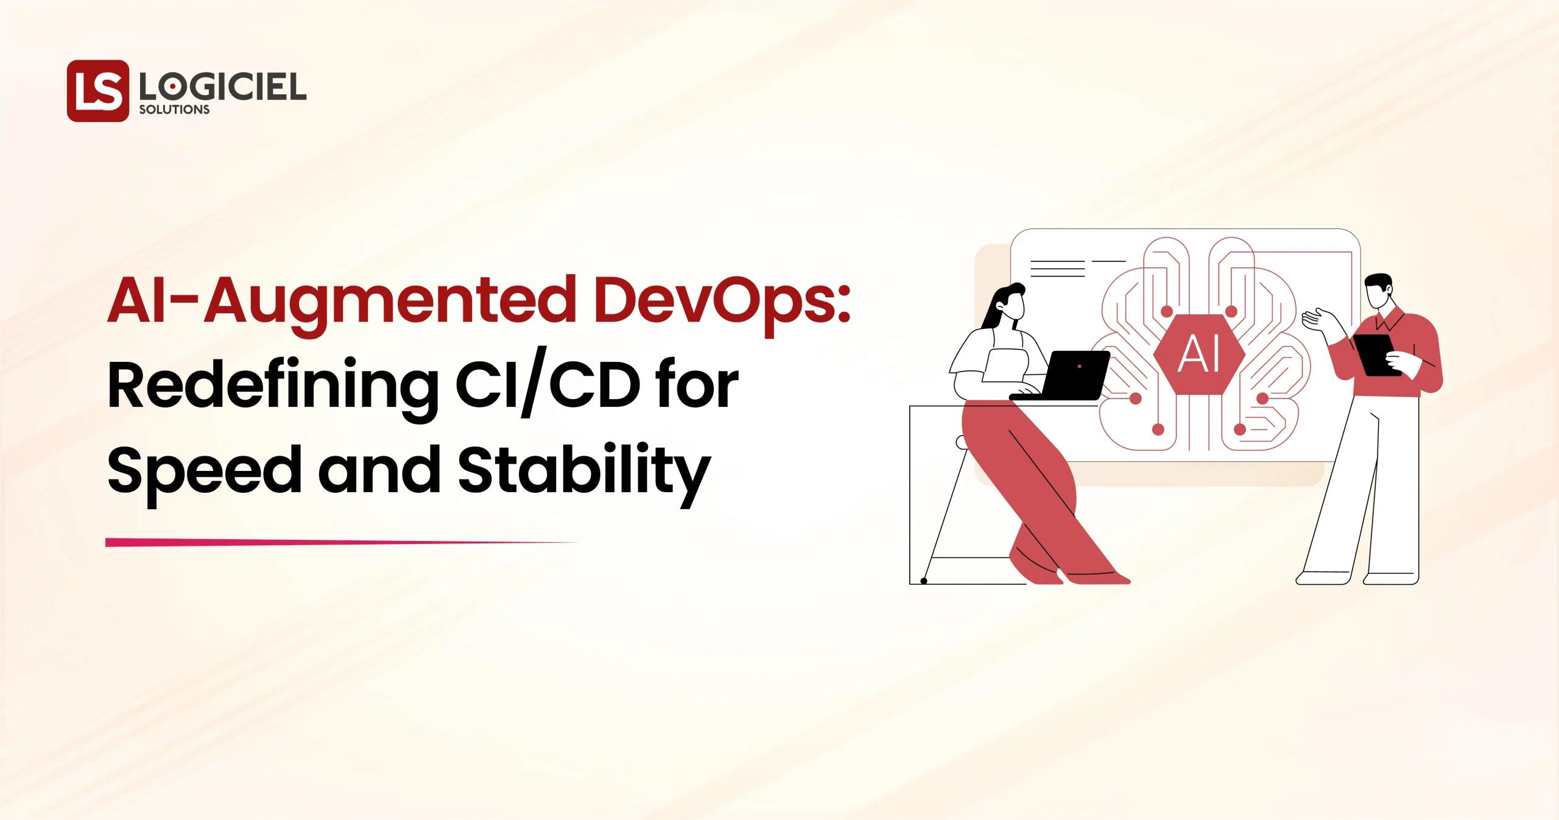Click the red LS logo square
click(x=98, y=91)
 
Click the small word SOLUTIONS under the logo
click(x=175, y=110)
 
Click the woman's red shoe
click(x=1096, y=576)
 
